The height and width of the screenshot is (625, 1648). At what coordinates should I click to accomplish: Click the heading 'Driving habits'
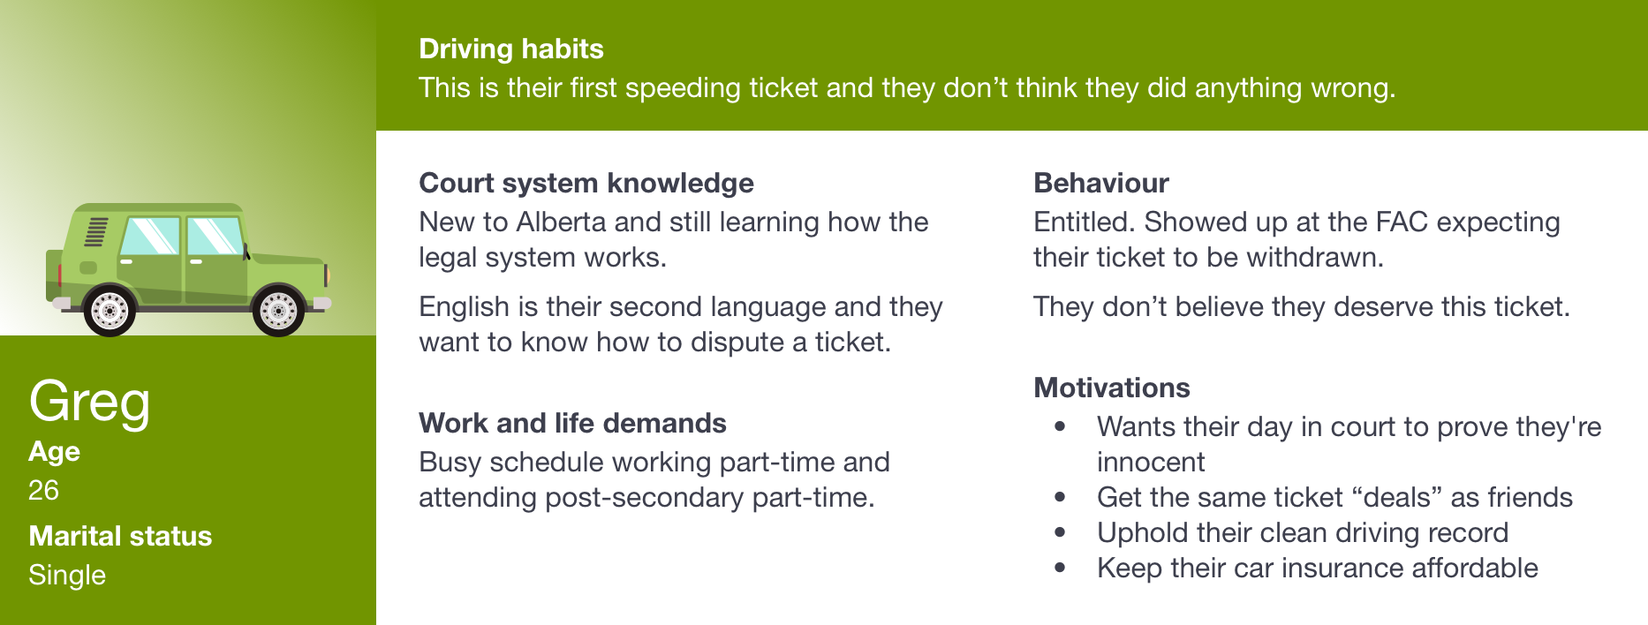[510, 49]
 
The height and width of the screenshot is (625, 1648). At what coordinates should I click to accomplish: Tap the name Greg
[89, 403]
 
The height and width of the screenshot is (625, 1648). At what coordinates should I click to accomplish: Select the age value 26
[43, 490]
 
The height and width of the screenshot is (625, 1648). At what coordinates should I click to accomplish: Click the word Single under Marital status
[67, 575]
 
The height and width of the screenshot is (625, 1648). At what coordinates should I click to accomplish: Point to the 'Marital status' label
[120, 536]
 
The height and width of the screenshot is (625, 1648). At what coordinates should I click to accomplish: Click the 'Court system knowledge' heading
[586, 183]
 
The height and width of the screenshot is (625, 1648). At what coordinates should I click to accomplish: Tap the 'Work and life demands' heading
[572, 423]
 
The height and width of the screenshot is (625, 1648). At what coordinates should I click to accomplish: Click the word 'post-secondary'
[644, 497]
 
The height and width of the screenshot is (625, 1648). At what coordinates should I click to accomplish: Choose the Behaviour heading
[1101, 183]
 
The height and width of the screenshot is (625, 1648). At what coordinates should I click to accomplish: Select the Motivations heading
[1112, 388]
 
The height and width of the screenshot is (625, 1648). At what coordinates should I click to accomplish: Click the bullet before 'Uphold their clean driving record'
[1060, 532]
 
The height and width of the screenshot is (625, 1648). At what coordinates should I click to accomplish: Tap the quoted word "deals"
[1397, 497]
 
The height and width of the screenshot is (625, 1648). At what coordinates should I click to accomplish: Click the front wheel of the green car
[278, 310]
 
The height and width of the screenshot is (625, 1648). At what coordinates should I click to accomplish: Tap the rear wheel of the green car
[110, 310]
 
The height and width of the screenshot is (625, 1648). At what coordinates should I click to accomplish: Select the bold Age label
[54, 452]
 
